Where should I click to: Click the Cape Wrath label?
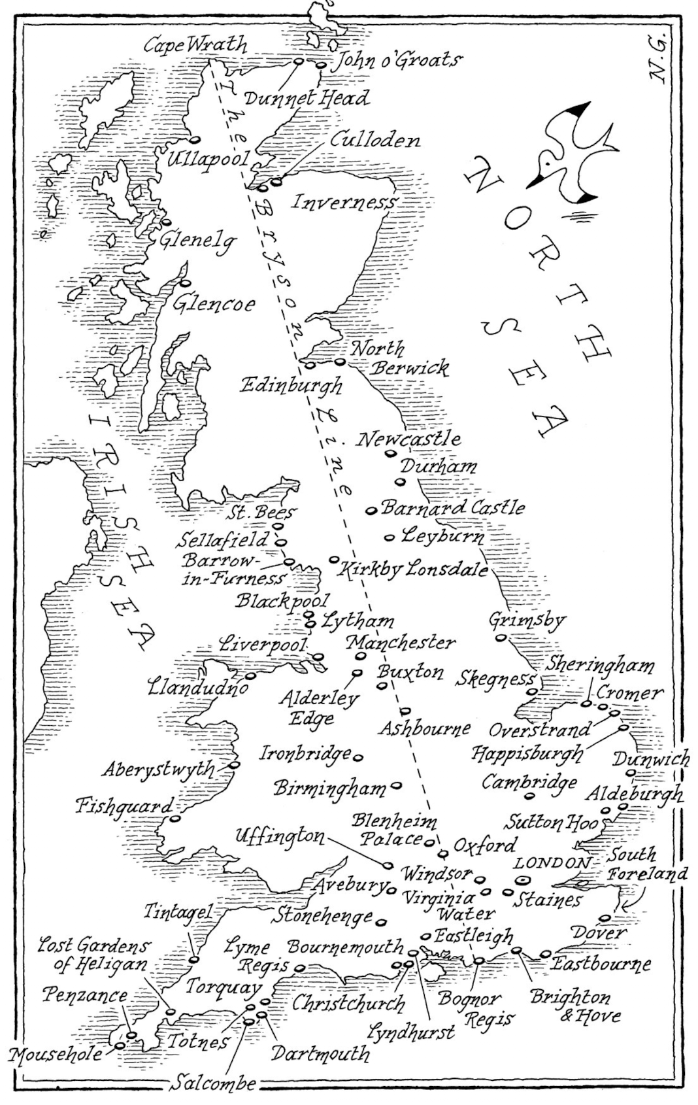(x=195, y=45)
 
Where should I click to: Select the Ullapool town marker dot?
(x=194, y=140)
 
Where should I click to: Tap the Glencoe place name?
(x=214, y=304)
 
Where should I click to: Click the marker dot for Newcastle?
(x=391, y=453)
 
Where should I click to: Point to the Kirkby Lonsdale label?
(x=413, y=570)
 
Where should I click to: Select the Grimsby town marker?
(x=500, y=638)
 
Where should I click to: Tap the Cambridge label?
(x=530, y=781)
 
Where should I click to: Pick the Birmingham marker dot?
(x=396, y=784)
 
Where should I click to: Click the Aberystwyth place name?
(x=158, y=769)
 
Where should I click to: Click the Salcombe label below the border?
(x=214, y=1083)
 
